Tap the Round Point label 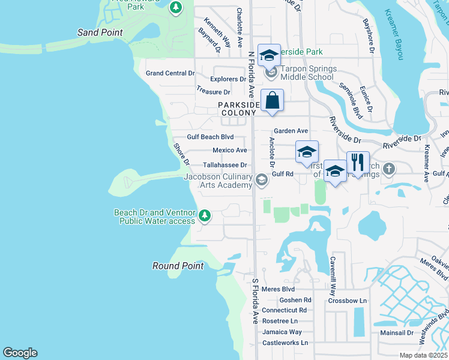178,266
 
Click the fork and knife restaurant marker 358,163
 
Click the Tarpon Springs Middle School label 306,73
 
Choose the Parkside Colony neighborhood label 238,108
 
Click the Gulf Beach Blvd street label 210,137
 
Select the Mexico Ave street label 230,151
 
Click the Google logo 20,353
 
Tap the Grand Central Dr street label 170,73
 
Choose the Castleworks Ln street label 285,343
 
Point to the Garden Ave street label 291,131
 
